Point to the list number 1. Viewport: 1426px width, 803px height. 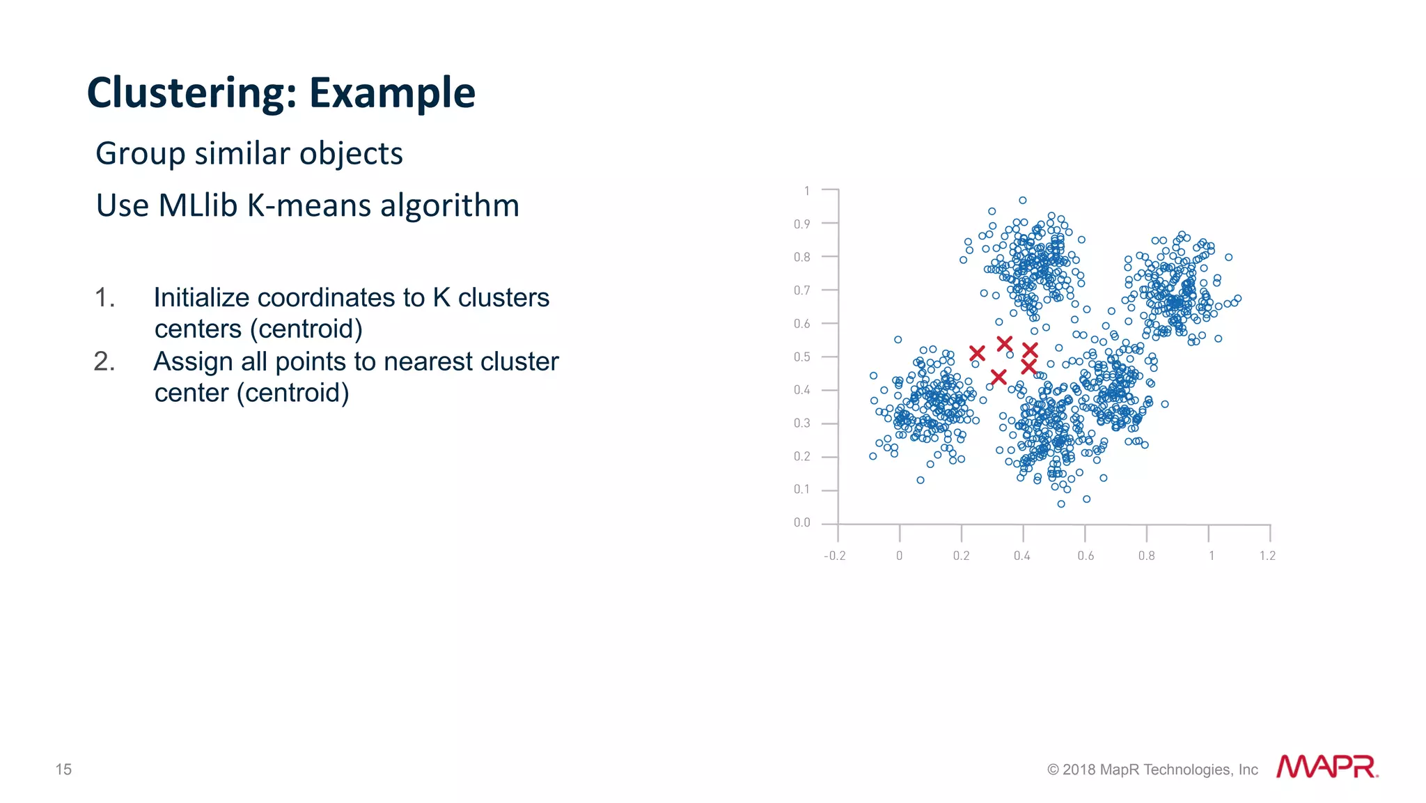pyautogui.click(x=104, y=298)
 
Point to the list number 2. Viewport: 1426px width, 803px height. pyautogui.click(x=104, y=362)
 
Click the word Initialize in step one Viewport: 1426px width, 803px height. pyautogui.click(x=201, y=298)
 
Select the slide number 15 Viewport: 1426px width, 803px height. pyautogui.click(x=63, y=770)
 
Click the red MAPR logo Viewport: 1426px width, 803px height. pyautogui.click(x=1326, y=767)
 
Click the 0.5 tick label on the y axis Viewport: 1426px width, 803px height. pyautogui.click(x=801, y=357)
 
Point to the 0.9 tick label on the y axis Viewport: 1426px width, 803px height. pyautogui.click(x=801, y=224)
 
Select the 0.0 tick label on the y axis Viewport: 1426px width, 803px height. pyautogui.click(x=801, y=523)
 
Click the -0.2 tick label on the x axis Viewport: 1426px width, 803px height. pyautogui.click(x=834, y=556)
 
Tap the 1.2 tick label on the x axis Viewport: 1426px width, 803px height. pyautogui.click(x=1267, y=556)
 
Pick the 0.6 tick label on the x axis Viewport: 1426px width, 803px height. pyautogui.click(x=1085, y=556)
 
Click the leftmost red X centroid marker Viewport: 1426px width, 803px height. pyautogui.click(x=977, y=353)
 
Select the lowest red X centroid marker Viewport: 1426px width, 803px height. pyautogui.click(x=998, y=377)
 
